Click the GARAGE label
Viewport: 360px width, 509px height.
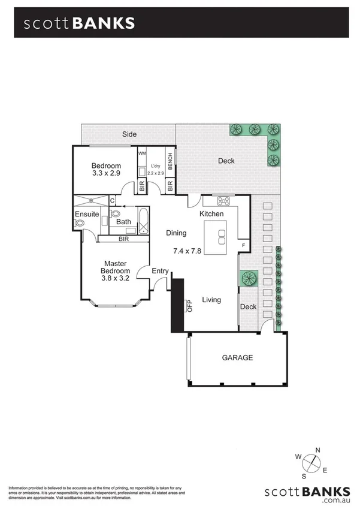click(237, 358)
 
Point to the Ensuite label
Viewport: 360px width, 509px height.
click(86, 215)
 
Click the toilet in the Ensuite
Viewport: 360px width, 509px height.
click(79, 224)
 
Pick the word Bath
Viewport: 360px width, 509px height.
click(123, 222)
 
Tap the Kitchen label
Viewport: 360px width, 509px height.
click(211, 214)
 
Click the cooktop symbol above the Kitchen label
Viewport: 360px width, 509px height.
click(225, 201)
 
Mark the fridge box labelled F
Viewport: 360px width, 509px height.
click(243, 245)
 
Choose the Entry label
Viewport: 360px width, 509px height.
click(160, 272)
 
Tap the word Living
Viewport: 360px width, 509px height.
click(211, 300)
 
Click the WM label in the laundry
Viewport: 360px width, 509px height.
click(142, 153)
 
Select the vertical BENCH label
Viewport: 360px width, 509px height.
click(170, 160)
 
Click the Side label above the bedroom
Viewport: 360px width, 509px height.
click(129, 134)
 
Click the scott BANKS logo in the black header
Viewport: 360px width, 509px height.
click(79, 23)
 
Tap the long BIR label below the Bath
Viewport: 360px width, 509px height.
click(123, 239)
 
